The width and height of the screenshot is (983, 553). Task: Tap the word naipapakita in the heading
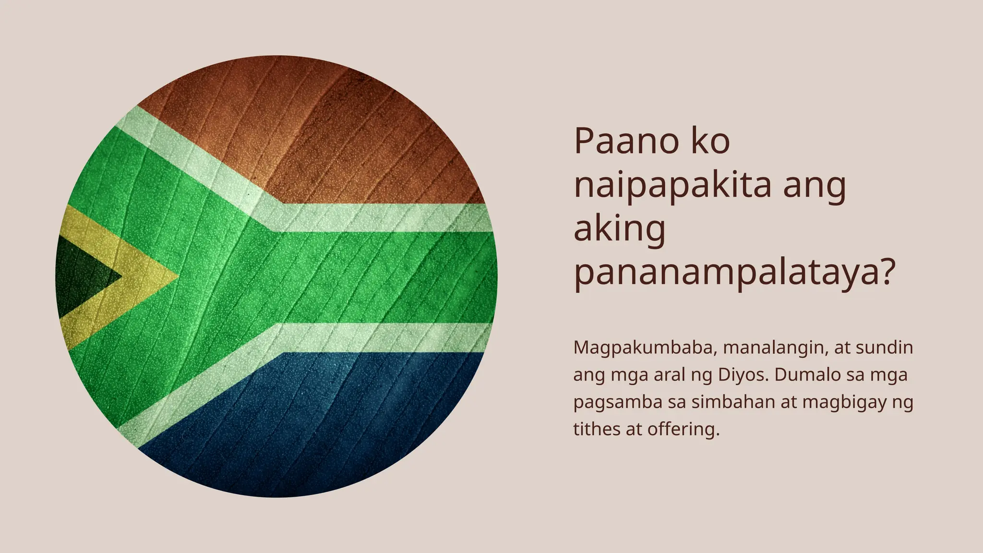tap(672, 186)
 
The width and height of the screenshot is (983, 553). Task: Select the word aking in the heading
tap(620, 230)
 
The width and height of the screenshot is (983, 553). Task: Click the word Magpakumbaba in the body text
tap(643, 348)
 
